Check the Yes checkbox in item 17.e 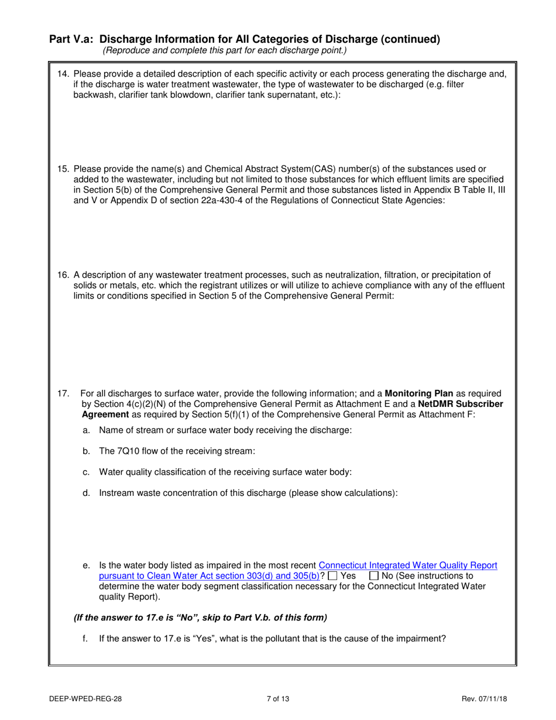pos(332,576)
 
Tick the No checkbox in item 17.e pos(375,576)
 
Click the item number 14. pos(63,74)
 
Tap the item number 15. pos(63,169)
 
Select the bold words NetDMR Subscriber pos(461,404)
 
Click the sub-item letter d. pos(87,493)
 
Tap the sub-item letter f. pos(86,639)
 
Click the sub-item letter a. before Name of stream pos(87,430)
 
